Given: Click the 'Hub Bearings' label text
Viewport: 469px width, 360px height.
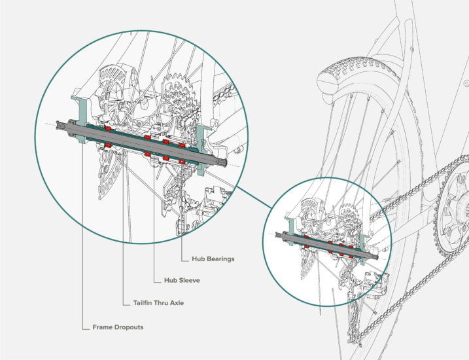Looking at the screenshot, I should pyautogui.click(x=213, y=259).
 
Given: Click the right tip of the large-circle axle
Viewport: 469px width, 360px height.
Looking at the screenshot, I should pyautogui.click(x=225, y=164).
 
